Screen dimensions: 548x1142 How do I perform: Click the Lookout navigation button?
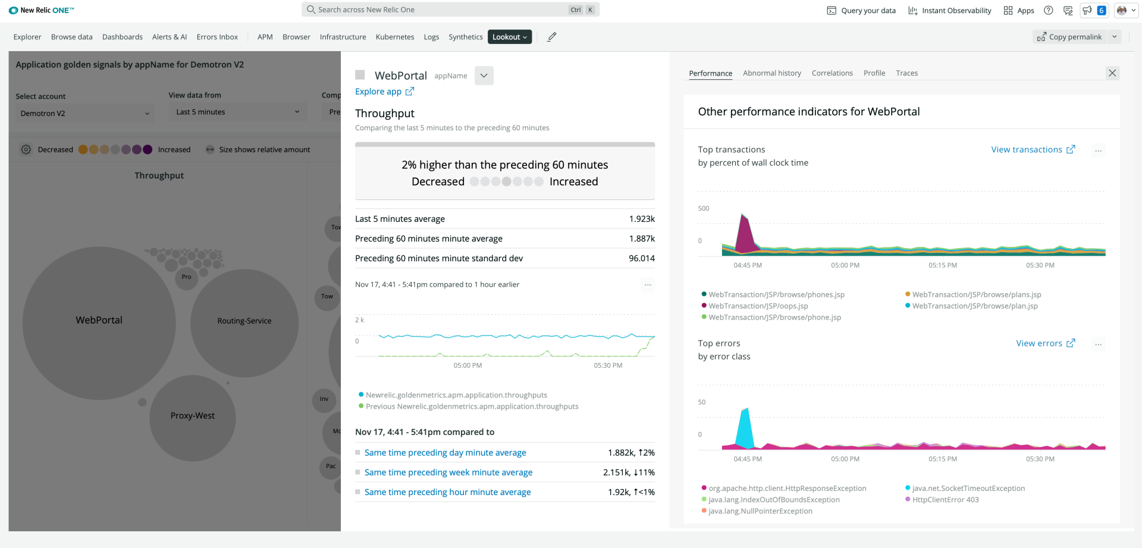pyautogui.click(x=509, y=37)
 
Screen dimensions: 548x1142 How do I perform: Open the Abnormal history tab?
pyautogui.click(x=771, y=73)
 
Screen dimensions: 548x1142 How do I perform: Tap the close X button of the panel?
pyautogui.click(x=1112, y=73)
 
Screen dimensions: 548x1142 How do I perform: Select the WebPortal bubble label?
pyautogui.click(x=99, y=320)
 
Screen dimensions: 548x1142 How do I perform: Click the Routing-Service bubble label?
pyautogui.click(x=244, y=321)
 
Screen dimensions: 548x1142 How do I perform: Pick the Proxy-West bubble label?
pyautogui.click(x=192, y=416)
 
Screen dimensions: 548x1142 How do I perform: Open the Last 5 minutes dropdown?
pyautogui.click(x=237, y=112)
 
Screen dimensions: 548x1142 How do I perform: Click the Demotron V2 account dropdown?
pyautogui.click(x=84, y=113)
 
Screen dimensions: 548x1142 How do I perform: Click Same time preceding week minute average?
pyautogui.click(x=448, y=472)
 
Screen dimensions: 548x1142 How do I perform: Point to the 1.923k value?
pyautogui.click(x=641, y=219)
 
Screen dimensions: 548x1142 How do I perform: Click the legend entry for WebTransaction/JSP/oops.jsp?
pyautogui.click(x=758, y=306)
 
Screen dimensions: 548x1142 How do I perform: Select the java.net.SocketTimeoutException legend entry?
pyautogui.click(x=968, y=488)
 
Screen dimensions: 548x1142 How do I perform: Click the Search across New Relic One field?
pyautogui.click(x=440, y=10)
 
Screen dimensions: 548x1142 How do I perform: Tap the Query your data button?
pyautogui.click(x=861, y=11)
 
